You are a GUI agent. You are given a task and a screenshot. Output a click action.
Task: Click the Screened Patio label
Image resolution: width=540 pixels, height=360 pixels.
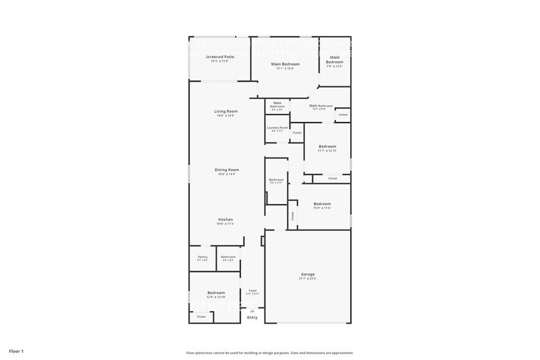click(x=219, y=56)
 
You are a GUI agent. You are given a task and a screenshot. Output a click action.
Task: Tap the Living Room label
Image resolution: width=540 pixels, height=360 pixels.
click(x=225, y=111)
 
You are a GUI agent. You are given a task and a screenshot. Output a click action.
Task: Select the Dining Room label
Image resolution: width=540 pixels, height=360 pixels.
click(x=227, y=170)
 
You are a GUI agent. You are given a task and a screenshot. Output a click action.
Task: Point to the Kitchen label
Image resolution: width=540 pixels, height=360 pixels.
click(x=225, y=219)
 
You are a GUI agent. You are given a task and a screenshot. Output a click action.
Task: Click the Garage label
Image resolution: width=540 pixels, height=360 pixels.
click(x=307, y=274)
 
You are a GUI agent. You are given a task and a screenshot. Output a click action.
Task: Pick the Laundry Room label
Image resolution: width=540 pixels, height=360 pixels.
click(x=277, y=127)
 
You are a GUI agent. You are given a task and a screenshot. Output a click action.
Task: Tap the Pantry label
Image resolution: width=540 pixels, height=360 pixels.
click(x=203, y=257)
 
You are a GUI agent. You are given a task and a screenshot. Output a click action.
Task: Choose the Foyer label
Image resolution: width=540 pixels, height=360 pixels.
click(x=252, y=290)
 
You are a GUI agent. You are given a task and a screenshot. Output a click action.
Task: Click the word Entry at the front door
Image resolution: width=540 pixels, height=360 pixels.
click(x=252, y=317)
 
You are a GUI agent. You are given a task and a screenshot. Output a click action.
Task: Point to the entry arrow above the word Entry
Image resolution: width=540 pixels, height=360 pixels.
click(x=252, y=310)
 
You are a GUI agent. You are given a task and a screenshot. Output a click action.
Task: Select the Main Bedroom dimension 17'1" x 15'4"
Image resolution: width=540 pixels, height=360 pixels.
click(x=286, y=69)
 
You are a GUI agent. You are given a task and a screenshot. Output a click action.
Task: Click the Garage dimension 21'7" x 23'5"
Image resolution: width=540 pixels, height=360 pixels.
click(x=307, y=279)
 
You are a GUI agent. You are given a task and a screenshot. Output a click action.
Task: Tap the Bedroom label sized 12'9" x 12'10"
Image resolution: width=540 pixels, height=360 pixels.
click(x=216, y=293)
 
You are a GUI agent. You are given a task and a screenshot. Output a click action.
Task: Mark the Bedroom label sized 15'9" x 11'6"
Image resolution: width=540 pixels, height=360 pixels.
click(x=322, y=204)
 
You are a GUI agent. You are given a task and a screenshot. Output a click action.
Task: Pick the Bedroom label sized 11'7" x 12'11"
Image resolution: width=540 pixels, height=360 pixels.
click(x=328, y=146)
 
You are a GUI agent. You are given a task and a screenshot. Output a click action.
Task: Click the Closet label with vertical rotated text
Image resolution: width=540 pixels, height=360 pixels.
click(x=293, y=216)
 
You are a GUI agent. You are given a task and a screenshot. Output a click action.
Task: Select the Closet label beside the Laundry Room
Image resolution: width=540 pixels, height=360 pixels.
click(x=296, y=133)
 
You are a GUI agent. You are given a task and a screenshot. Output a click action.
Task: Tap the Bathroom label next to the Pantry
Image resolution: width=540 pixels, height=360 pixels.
click(x=228, y=257)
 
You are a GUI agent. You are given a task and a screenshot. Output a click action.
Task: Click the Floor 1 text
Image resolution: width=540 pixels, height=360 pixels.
click(x=16, y=351)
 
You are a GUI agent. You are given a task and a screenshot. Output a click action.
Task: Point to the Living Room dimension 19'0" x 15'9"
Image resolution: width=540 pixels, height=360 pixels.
click(x=225, y=116)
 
